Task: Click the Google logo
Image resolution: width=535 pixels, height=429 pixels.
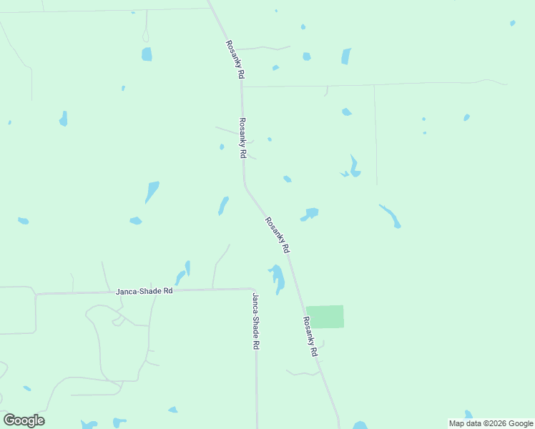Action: [24, 420]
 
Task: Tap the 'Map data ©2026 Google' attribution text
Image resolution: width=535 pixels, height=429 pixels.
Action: [491, 423]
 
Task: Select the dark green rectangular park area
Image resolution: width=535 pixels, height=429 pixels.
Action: [325, 317]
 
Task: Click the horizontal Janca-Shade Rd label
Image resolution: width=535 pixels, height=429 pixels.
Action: [144, 292]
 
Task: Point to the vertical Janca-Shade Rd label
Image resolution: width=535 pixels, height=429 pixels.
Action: [255, 320]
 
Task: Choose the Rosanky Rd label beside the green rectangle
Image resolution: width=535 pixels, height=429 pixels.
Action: [310, 337]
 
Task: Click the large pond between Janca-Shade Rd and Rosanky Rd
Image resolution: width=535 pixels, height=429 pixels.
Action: [277, 277]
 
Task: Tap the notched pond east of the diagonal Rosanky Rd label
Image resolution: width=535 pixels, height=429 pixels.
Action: [310, 214]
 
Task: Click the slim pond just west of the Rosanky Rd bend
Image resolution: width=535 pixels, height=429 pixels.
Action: [223, 206]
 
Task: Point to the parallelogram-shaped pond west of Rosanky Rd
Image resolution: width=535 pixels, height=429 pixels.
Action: [152, 192]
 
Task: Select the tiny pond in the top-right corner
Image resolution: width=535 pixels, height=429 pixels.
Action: [513, 23]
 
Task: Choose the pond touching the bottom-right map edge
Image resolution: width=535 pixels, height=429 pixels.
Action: [468, 415]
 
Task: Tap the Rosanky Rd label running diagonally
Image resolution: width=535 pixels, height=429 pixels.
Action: [277, 235]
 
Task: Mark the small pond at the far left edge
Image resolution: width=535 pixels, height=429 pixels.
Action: [23, 221]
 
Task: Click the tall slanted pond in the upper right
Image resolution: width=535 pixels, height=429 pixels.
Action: [346, 56]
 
